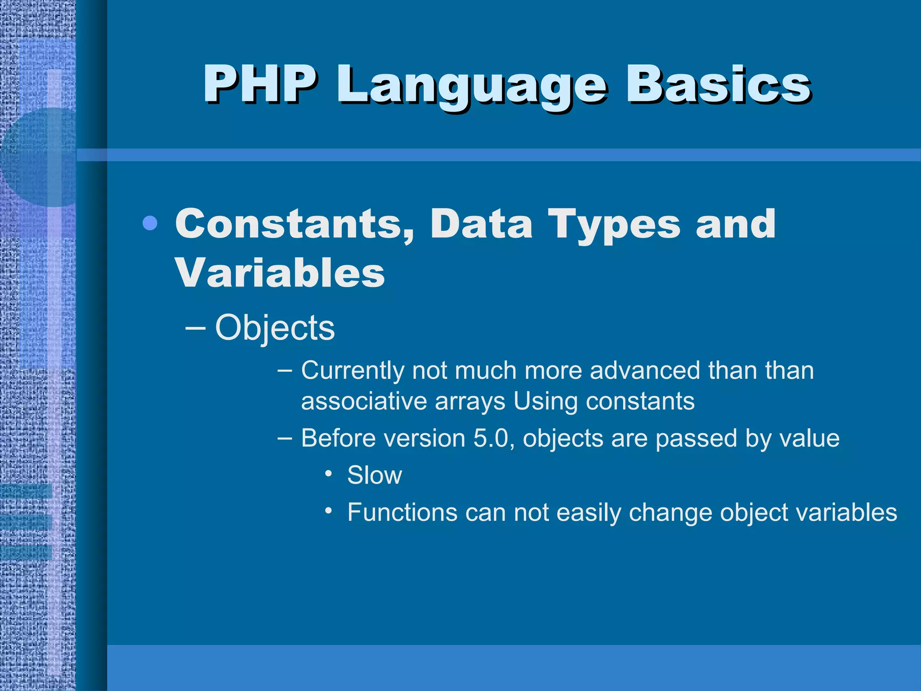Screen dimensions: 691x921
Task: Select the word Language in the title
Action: pyautogui.click(x=472, y=86)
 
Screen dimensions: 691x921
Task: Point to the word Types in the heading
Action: pyautogui.click(x=614, y=225)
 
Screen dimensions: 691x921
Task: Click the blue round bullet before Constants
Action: pyautogui.click(x=150, y=223)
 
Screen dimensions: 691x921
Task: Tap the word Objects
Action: pyautogui.click(x=275, y=328)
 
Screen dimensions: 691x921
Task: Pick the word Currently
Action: pyautogui.click(x=353, y=371)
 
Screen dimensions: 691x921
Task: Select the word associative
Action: pyautogui.click(x=364, y=401)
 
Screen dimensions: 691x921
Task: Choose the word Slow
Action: pyautogui.click(x=374, y=475)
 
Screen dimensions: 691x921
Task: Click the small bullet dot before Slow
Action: pyautogui.click(x=329, y=473)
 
